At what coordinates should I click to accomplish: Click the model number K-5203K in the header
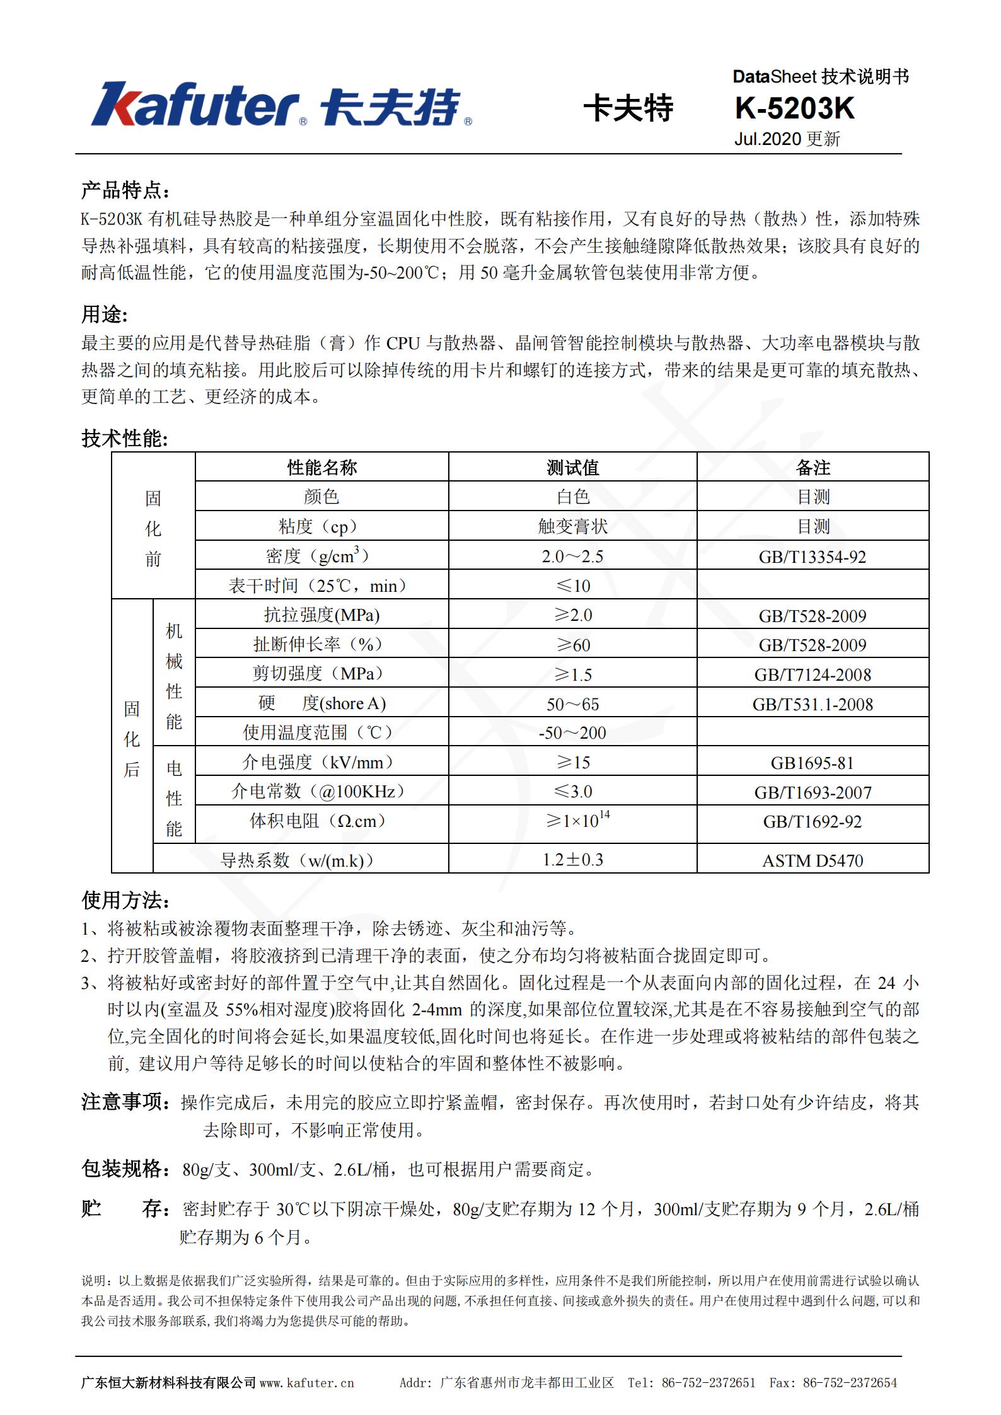pos(794,109)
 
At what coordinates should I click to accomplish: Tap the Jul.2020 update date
pos(787,139)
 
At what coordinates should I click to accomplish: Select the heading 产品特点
pos(125,190)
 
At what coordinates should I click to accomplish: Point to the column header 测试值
pos(572,467)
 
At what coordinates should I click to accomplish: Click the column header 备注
pos(813,467)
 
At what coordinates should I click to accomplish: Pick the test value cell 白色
pos(572,497)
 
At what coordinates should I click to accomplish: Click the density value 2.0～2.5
pos(572,556)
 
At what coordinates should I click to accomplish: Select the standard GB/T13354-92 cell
pos(813,557)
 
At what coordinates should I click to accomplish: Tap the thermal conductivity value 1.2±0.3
pos(572,859)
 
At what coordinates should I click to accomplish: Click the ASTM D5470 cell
pos(813,860)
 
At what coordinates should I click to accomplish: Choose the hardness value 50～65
pos(572,704)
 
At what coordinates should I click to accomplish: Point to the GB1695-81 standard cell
pos(813,763)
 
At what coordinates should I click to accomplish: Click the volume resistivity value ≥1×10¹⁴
pos(577,821)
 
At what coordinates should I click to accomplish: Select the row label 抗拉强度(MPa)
pos(321,615)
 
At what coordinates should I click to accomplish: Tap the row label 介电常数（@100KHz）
pos(318,791)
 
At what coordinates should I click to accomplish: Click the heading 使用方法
pos(125,900)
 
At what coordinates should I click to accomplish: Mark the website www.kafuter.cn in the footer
pos(307,1382)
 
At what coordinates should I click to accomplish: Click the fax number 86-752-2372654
pos(850,1382)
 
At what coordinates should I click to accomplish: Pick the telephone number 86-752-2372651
pos(708,1382)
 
